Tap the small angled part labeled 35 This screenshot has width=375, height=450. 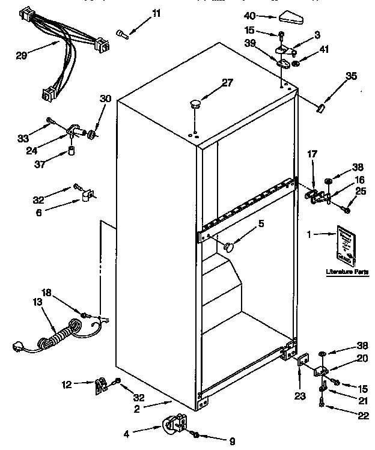click(321, 107)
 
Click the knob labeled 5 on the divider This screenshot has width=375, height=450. click(228, 245)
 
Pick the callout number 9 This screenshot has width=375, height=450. click(231, 442)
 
